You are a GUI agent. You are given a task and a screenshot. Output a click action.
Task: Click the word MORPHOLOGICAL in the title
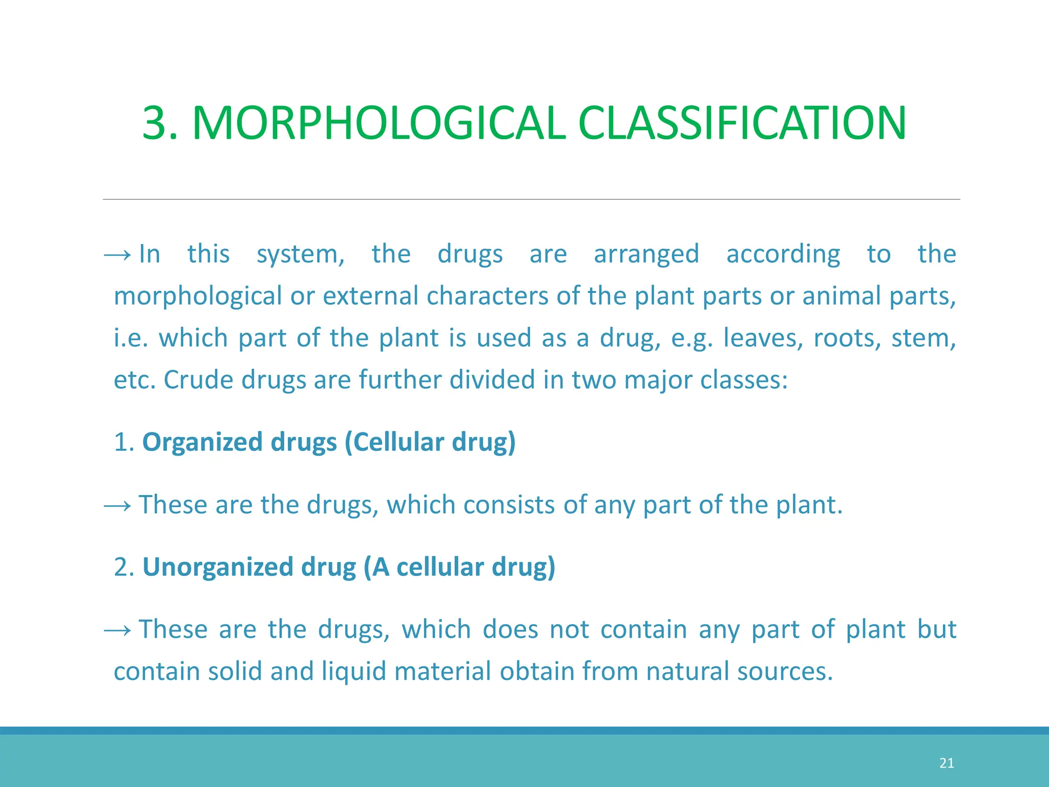point(379,123)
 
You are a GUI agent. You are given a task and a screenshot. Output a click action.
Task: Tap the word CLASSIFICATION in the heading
point(742,123)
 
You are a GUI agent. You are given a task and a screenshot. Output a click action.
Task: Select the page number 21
point(947,763)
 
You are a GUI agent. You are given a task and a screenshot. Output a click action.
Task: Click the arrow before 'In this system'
point(117,255)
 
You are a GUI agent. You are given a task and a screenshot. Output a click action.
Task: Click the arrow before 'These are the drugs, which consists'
point(117,506)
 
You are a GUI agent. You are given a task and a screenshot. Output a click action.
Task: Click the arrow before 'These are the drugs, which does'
point(117,631)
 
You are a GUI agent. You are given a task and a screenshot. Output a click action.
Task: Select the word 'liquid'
point(353,671)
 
